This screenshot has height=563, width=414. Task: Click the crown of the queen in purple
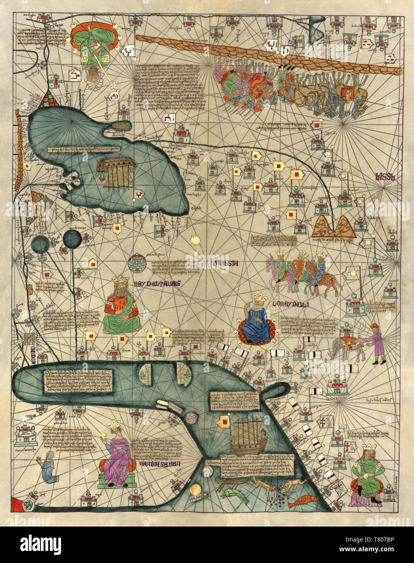point(114,424)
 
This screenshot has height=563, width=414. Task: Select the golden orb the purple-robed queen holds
point(102,435)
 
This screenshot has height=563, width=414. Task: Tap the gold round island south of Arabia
point(196,489)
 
